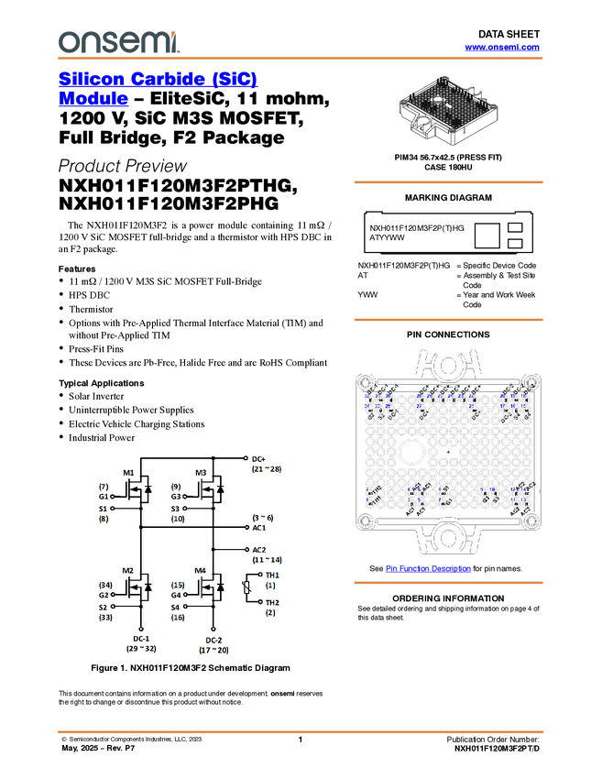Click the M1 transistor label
pos(129,474)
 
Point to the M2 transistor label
pos(129,570)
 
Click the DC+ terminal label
pos(258,458)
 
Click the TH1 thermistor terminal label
pos(272,576)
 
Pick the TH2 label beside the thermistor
pos(272,602)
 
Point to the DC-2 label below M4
pos(213,639)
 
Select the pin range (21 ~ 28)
pos(266,469)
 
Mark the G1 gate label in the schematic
pos(104,496)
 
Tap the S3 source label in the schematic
pos(177,509)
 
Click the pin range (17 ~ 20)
pos(213,650)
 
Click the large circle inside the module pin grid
pos(410,452)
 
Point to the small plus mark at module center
pos(448,453)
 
